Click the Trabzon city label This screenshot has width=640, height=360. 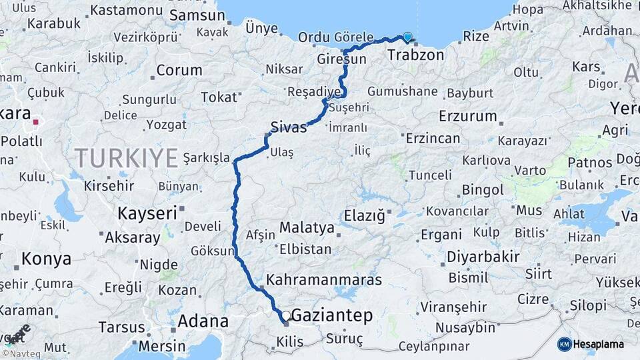(x=415, y=55)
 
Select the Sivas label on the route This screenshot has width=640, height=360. (x=289, y=127)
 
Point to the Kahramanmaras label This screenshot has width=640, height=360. (x=324, y=279)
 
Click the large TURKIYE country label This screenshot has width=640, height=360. (x=126, y=158)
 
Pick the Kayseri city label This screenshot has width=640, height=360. (x=147, y=213)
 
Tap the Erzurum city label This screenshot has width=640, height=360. (x=468, y=116)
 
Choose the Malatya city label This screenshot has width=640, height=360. (x=307, y=228)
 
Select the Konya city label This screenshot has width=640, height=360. (x=46, y=258)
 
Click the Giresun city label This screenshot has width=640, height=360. (x=341, y=59)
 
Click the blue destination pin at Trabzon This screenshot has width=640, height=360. (x=407, y=37)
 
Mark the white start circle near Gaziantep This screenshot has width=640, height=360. (x=285, y=315)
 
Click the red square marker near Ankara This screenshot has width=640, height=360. (x=35, y=123)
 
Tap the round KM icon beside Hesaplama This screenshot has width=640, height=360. (x=564, y=344)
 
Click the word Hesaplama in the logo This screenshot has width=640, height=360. (x=599, y=344)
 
